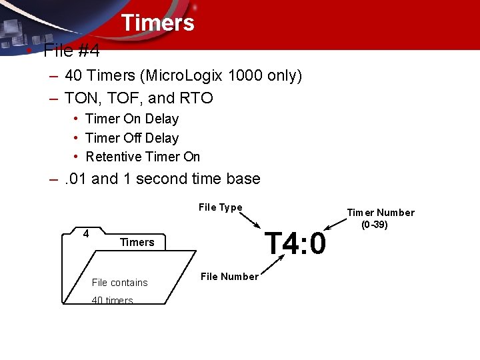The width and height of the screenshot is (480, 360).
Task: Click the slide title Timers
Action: (157, 23)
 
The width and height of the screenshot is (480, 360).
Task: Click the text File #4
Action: (71, 51)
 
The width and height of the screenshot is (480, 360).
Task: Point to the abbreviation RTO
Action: (196, 99)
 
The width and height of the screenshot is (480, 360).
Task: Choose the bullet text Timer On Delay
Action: (132, 119)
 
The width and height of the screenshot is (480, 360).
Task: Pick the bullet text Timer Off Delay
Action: (132, 138)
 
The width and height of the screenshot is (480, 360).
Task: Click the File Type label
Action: (220, 207)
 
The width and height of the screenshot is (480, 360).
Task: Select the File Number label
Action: (229, 277)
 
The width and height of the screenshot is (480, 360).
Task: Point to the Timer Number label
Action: (380, 213)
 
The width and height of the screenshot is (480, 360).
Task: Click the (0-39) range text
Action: (374, 225)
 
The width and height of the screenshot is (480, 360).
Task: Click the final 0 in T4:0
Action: (317, 243)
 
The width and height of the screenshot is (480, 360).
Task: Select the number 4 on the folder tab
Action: (86, 233)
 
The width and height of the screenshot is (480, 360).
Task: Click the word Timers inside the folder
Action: (137, 242)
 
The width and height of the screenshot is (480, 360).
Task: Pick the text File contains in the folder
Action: (119, 283)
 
